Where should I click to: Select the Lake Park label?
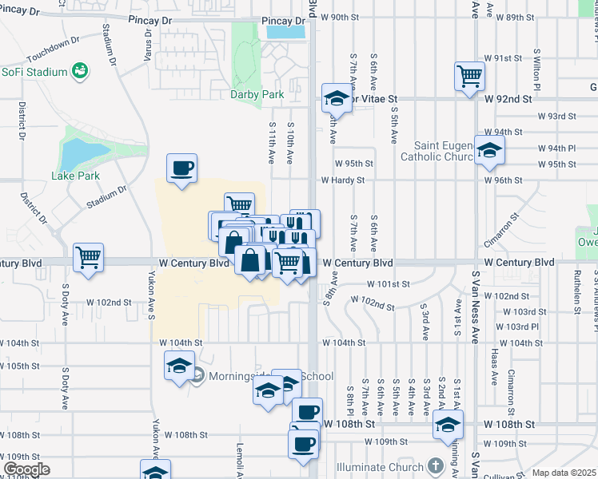[x=75, y=175]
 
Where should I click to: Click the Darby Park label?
[x=257, y=94]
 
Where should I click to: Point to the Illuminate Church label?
[x=392, y=465]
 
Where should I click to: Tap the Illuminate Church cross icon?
[x=434, y=465]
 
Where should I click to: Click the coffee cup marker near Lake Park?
[x=181, y=169]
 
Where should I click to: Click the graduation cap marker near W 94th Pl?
[x=488, y=151]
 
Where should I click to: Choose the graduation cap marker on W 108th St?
[x=448, y=426]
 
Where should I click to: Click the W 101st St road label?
[x=389, y=283]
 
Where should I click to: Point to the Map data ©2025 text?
[x=564, y=473]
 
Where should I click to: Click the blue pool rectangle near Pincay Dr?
[x=285, y=33]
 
